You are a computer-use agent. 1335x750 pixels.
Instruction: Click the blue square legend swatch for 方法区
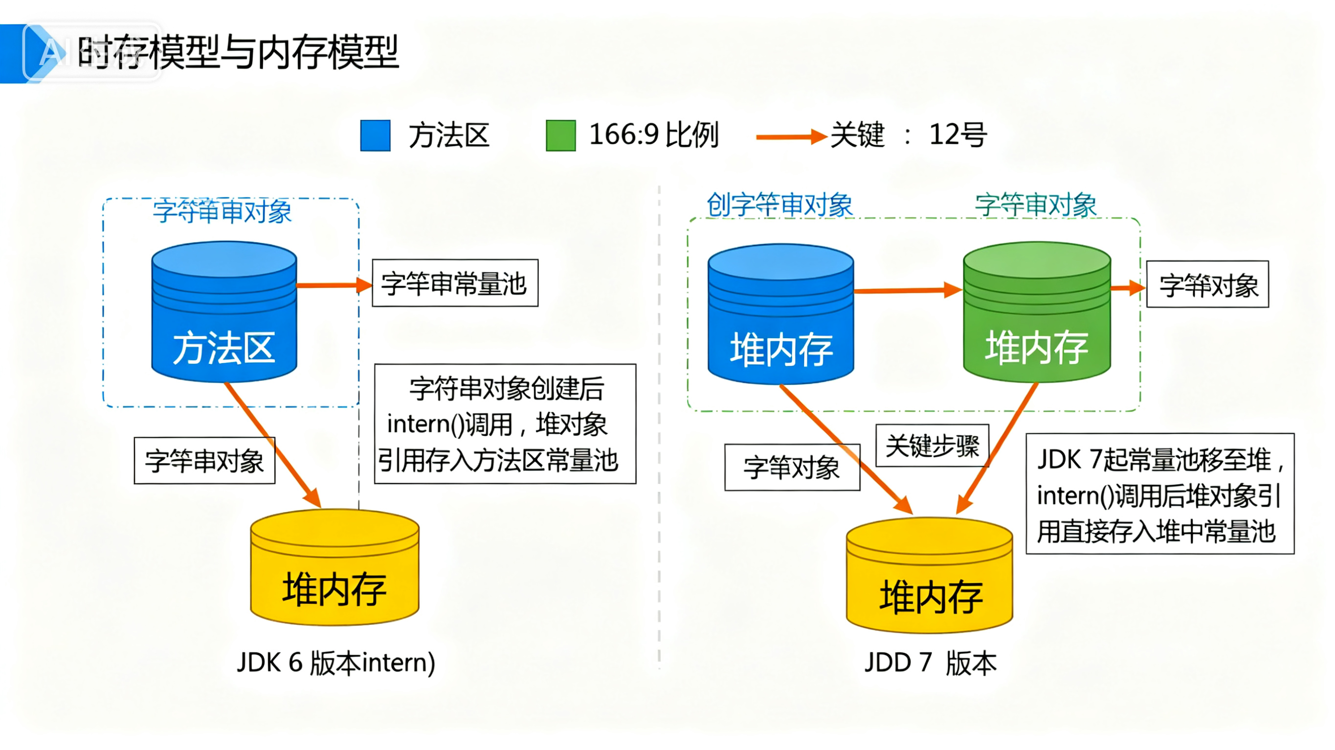[375, 136]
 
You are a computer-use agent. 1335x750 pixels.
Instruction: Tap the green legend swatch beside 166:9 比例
[561, 136]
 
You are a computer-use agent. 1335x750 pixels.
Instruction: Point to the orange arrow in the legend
[790, 137]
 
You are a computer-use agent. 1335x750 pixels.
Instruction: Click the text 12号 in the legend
[957, 135]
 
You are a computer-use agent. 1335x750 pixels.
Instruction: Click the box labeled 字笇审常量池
[455, 283]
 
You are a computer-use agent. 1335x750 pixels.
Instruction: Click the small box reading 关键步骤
[932, 446]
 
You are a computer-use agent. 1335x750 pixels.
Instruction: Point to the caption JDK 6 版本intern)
[336, 663]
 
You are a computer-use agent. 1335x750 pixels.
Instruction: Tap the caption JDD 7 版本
[930, 663]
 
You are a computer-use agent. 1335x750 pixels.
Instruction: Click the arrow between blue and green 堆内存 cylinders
[907, 291]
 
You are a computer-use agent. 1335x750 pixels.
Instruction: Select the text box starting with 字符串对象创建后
[505, 424]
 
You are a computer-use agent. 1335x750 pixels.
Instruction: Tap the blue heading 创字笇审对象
[779, 205]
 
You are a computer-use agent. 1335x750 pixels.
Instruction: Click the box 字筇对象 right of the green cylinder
[1207, 284]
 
